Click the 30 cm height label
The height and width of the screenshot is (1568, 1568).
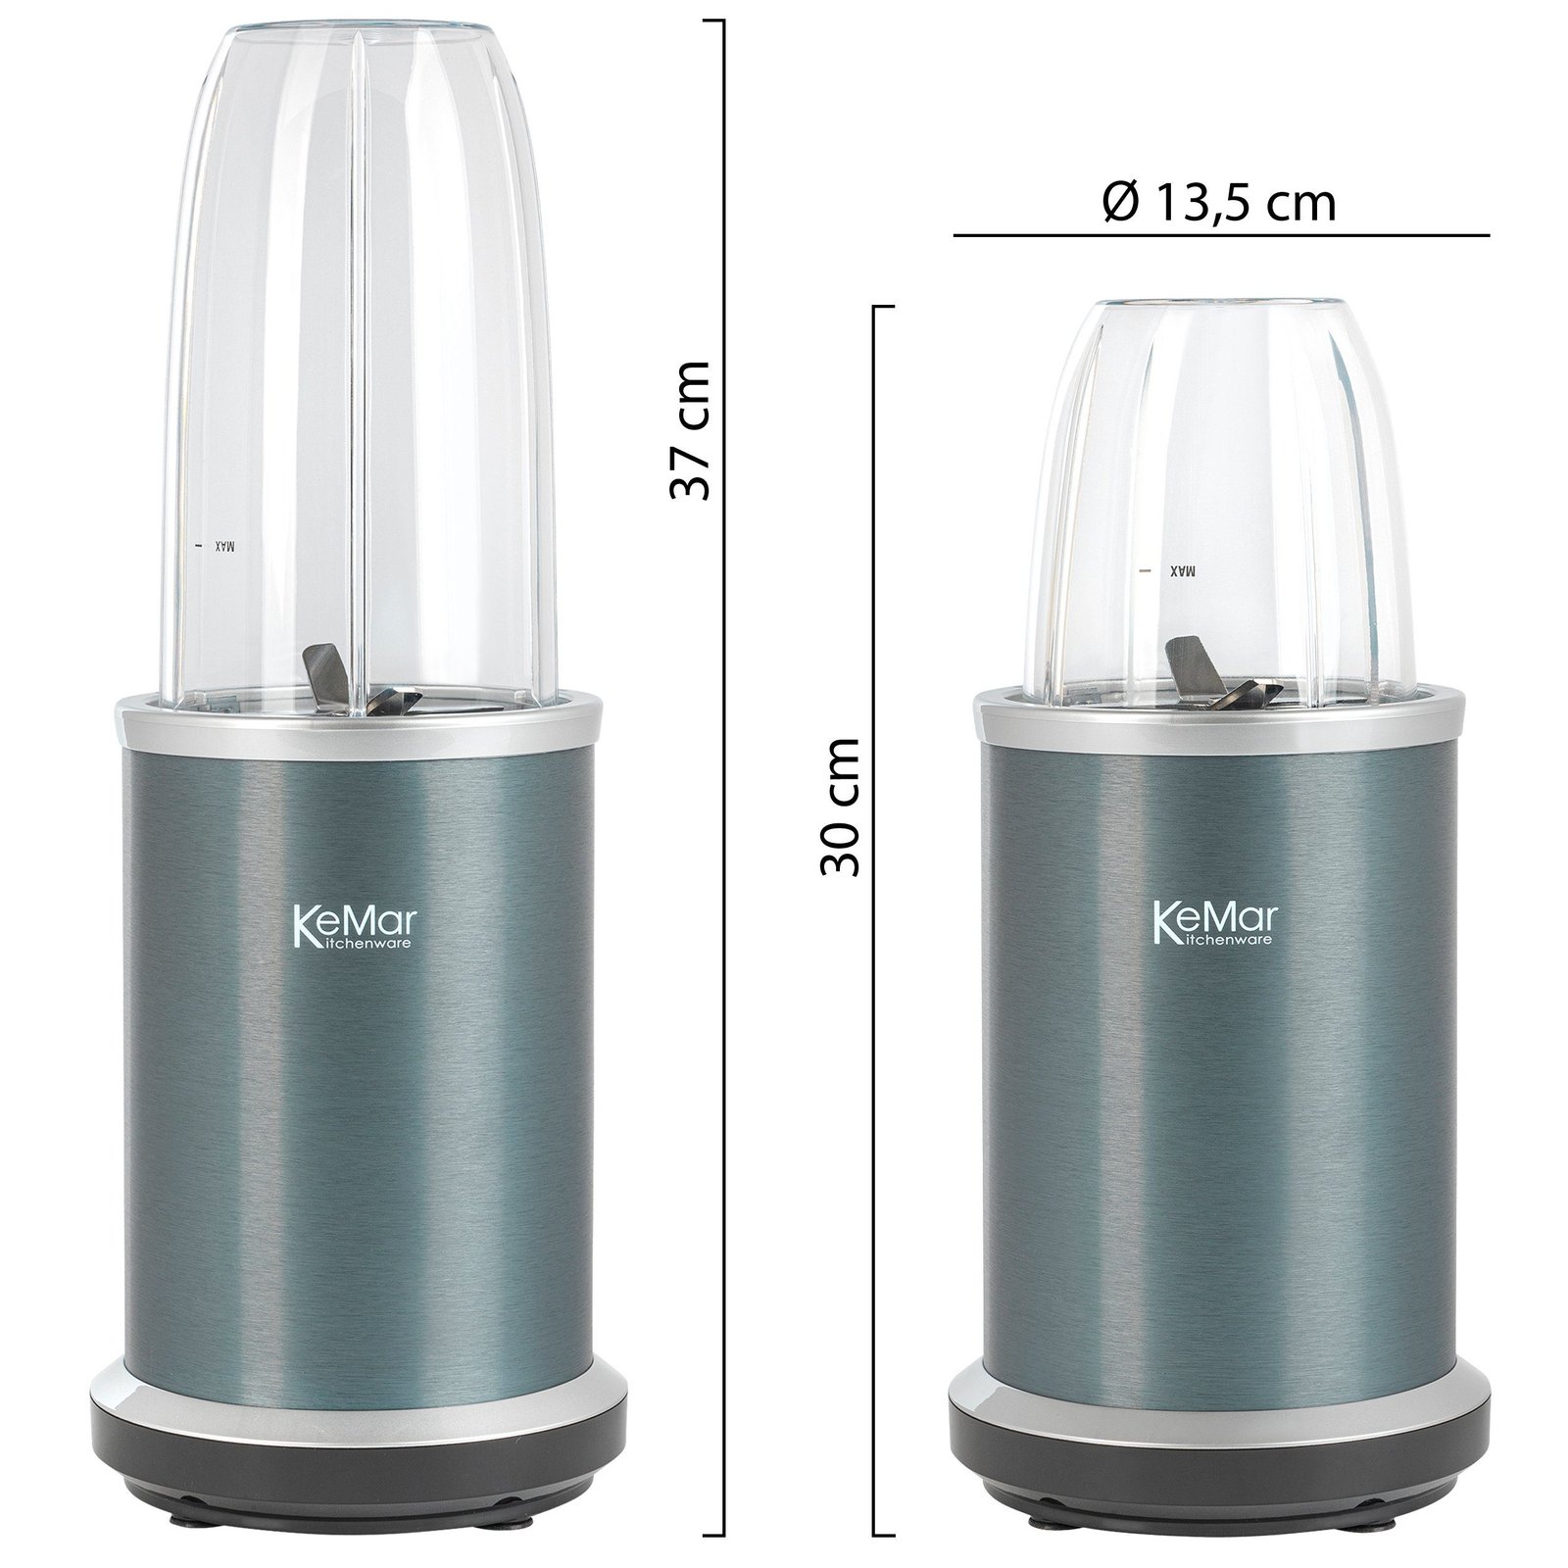point(840,808)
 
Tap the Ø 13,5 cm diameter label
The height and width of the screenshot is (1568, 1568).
point(1219,203)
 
